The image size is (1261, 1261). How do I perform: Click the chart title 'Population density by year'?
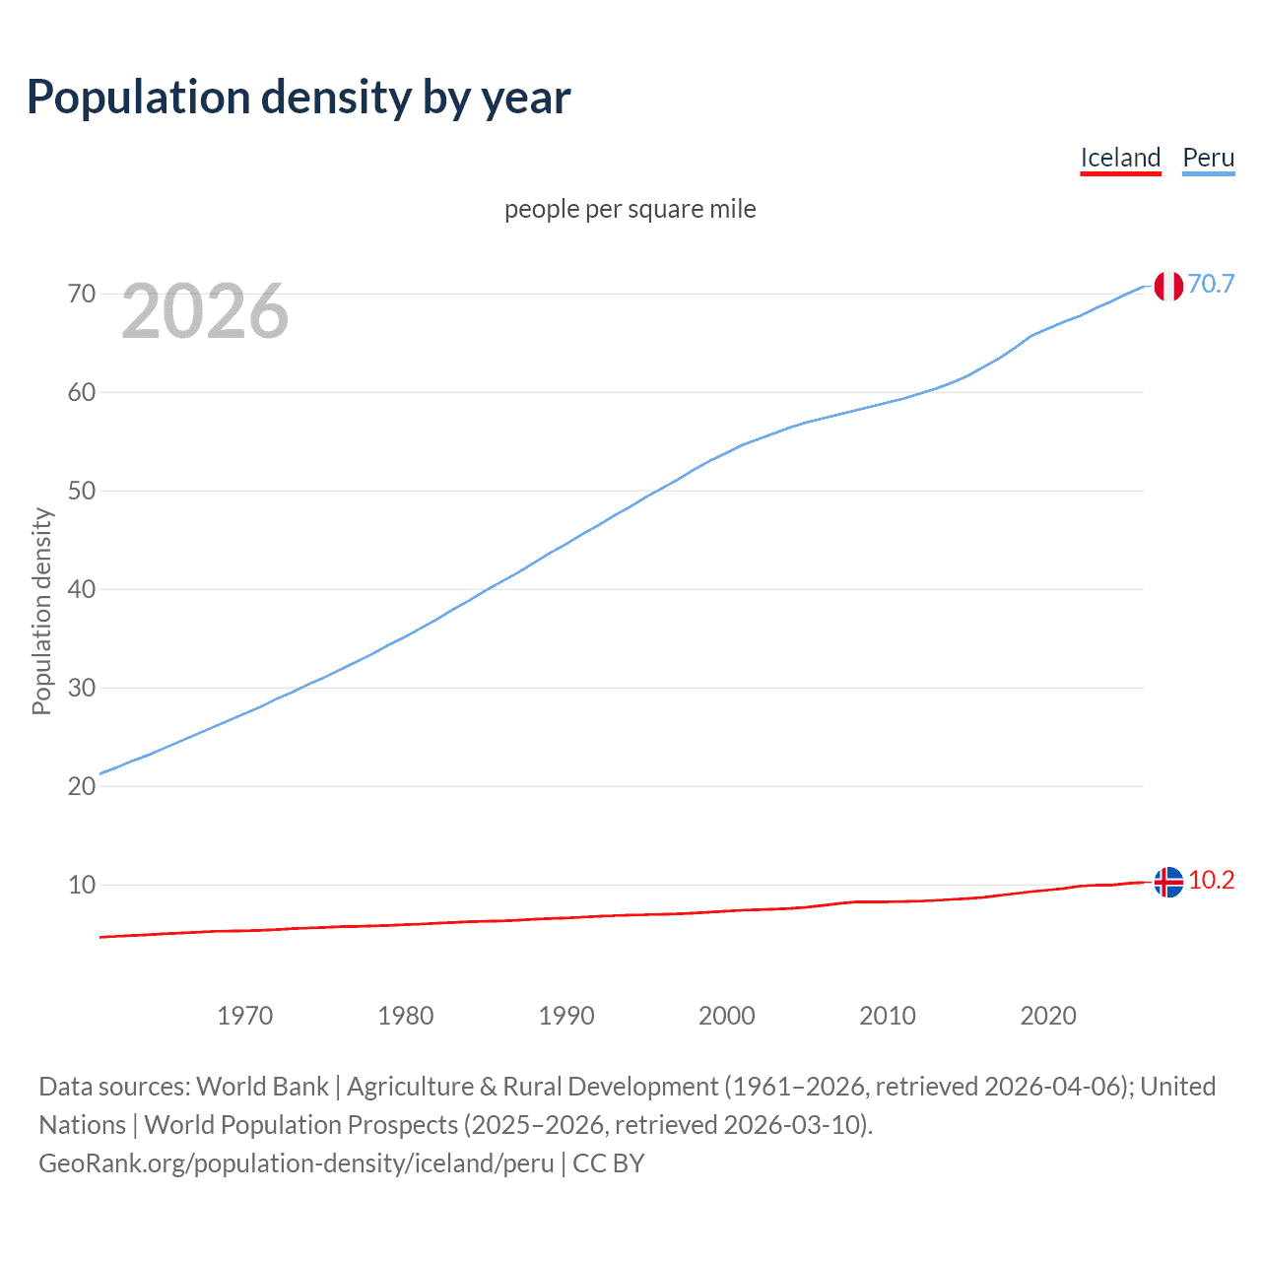(x=299, y=98)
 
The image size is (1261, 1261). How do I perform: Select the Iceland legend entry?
(x=1120, y=158)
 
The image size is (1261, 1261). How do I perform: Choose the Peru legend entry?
(x=1208, y=158)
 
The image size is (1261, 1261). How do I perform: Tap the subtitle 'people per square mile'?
(x=630, y=209)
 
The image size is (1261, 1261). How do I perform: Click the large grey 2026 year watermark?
(x=205, y=311)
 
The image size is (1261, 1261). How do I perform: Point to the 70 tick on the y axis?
(x=82, y=294)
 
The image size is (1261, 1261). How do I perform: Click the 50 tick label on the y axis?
(x=82, y=491)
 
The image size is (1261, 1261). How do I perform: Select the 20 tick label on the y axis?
(x=82, y=786)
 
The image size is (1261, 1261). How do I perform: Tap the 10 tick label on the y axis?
(x=82, y=885)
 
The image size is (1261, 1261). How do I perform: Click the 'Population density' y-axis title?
(x=41, y=611)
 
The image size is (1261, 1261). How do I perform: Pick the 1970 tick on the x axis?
(x=244, y=1016)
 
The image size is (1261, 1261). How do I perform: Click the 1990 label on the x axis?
(x=565, y=1016)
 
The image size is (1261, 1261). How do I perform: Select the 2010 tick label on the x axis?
(x=887, y=1016)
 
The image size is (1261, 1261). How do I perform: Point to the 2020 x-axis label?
(x=1047, y=1016)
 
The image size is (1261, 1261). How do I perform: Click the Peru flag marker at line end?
(x=1168, y=286)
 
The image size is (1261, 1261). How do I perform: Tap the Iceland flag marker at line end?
(x=1168, y=882)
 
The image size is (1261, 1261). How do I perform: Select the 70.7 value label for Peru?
(x=1211, y=284)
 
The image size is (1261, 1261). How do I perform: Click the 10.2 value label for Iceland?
(x=1211, y=880)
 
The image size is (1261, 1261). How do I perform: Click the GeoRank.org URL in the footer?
(x=297, y=1163)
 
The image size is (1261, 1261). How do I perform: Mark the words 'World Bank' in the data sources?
(x=262, y=1087)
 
